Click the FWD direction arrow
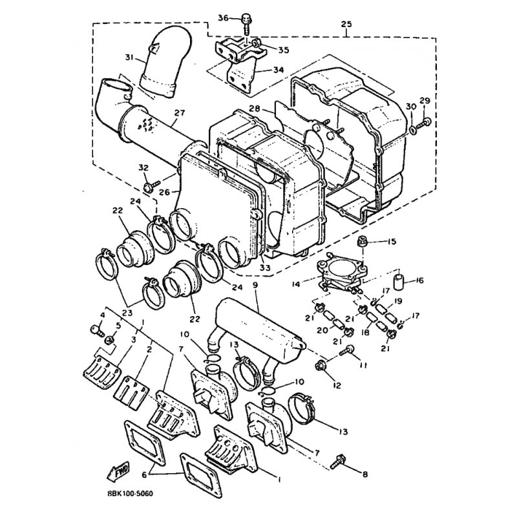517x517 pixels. point(118,471)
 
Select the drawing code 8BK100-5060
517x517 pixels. point(131,494)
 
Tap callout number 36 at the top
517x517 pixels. point(223,18)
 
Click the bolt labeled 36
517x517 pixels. point(246,23)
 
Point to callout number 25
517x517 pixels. point(346,24)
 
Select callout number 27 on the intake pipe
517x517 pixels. point(180,113)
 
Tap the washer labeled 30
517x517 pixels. point(412,131)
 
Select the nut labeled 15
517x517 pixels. point(363,241)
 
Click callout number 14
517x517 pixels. point(296,283)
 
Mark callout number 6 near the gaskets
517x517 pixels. point(144,475)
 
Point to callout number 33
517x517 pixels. point(265,268)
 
